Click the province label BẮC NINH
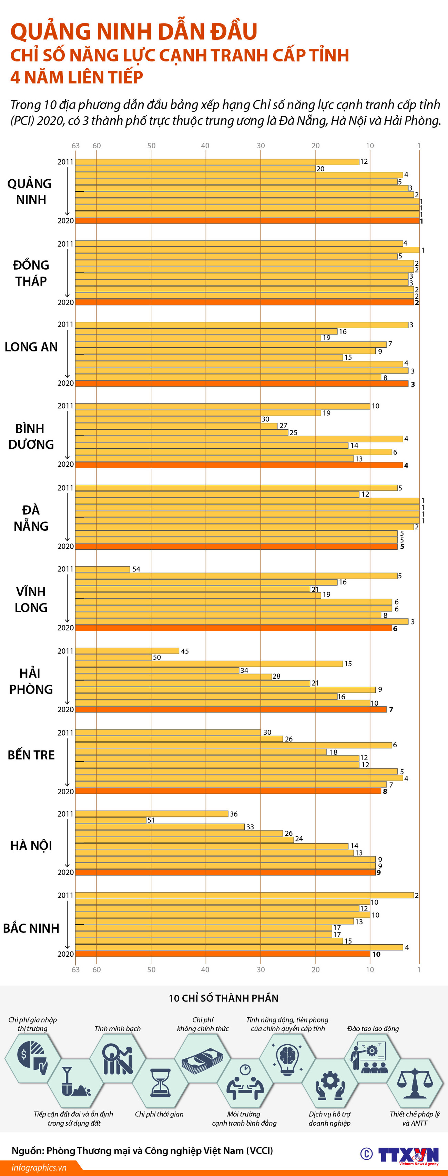31,928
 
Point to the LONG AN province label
31,347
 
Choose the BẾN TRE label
31,755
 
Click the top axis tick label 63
76,146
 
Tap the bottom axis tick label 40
205,969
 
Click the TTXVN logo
408,1155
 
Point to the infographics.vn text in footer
39,1167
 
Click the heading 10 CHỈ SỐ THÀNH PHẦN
224,998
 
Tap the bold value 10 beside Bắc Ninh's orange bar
376,955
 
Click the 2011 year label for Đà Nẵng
65,488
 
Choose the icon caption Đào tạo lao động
373,1028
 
